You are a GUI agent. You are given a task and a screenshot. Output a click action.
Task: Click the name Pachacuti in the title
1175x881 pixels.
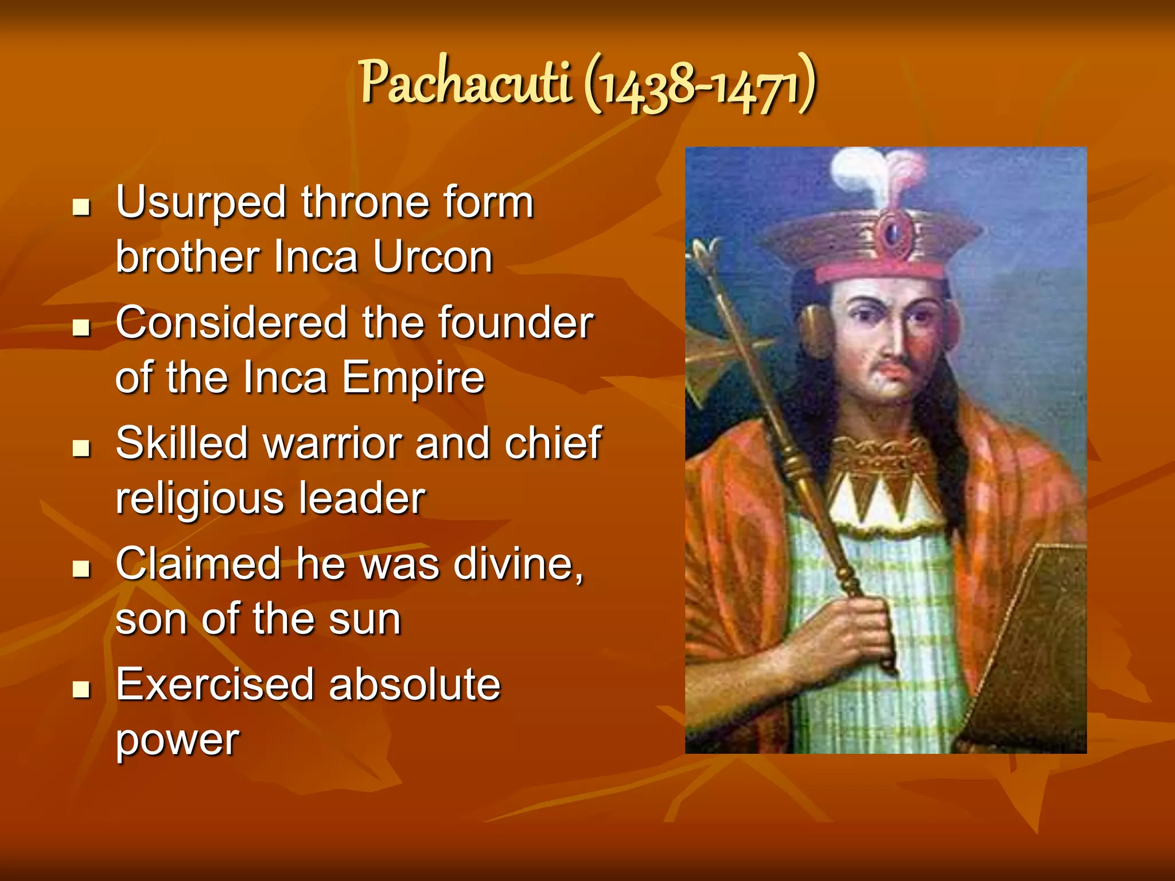(x=466, y=83)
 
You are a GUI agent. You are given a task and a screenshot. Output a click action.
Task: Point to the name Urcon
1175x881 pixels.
(x=433, y=257)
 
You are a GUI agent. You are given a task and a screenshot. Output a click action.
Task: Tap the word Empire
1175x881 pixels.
(x=413, y=378)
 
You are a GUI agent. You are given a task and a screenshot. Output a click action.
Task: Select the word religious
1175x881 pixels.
(x=200, y=499)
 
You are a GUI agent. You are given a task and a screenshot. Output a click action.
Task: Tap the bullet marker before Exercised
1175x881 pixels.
(x=82, y=689)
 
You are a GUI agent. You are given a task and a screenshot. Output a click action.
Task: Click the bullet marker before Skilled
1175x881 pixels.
(x=82, y=448)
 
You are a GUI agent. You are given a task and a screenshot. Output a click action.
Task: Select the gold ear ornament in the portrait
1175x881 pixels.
(x=816, y=330)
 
